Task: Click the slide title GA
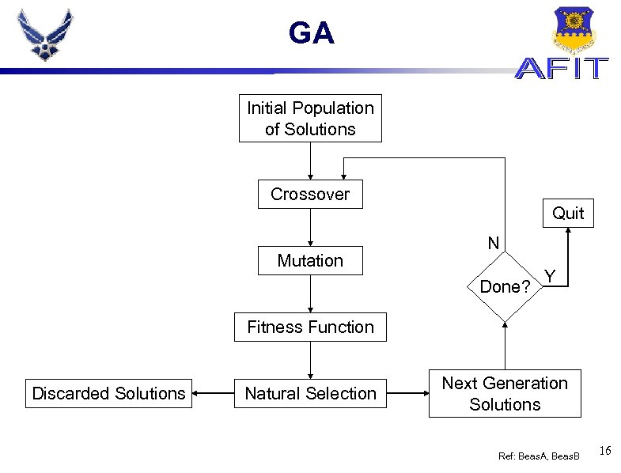pos(312,32)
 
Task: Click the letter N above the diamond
pos(494,243)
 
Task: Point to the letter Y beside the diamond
pos(550,276)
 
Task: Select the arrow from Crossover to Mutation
pos(310,227)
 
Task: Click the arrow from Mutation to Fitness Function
pos(310,294)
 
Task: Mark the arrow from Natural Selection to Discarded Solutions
pos(213,393)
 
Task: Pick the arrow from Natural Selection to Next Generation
pos(408,393)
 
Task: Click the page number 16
pos(605,451)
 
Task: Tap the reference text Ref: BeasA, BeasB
pos(539,456)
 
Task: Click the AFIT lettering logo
pos(562,68)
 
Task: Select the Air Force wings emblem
pos(45,35)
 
